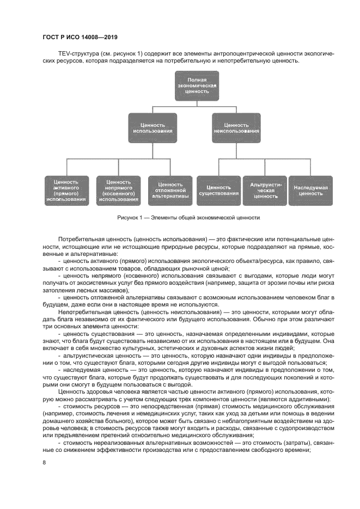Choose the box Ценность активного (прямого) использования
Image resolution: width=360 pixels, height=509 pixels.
[x=66, y=190]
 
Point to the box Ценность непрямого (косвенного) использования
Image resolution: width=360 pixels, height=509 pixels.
[x=118, y=190]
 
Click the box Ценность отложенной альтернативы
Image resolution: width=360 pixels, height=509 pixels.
[x=170, y=190]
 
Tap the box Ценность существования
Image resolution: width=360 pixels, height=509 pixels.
[x=218, y=190]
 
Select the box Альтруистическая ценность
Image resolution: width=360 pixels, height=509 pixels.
[x=265, y=190]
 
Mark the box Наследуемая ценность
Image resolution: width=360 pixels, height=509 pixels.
[x=310, y=190]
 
